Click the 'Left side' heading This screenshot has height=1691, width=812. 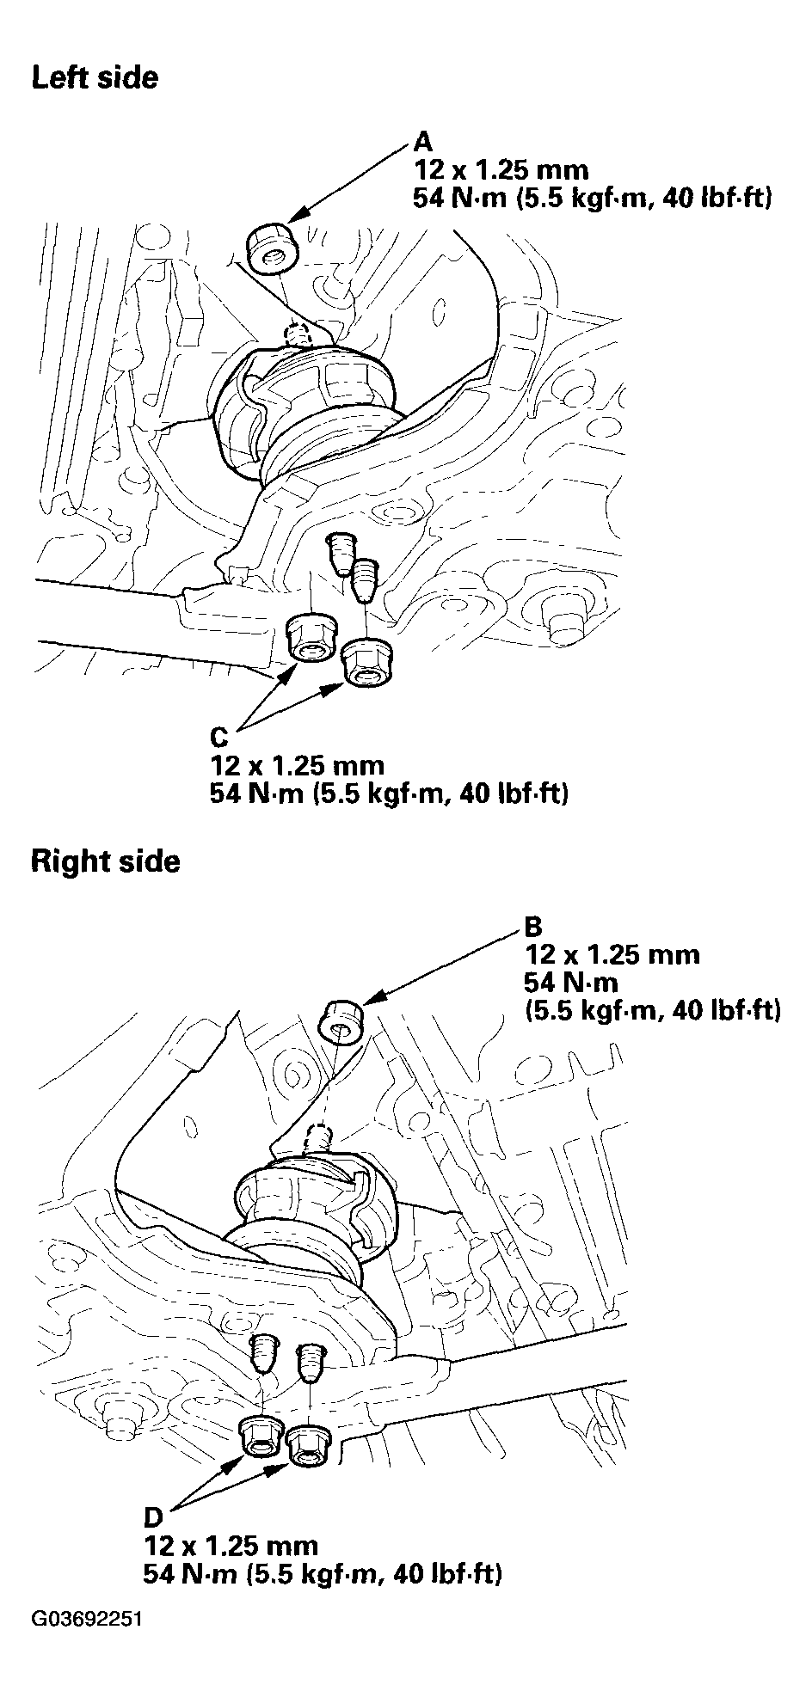[95, 78]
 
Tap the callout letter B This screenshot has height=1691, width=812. [533, 927]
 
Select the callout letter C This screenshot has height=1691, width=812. [219, 738]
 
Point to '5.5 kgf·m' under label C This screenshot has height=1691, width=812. [378, 793]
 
